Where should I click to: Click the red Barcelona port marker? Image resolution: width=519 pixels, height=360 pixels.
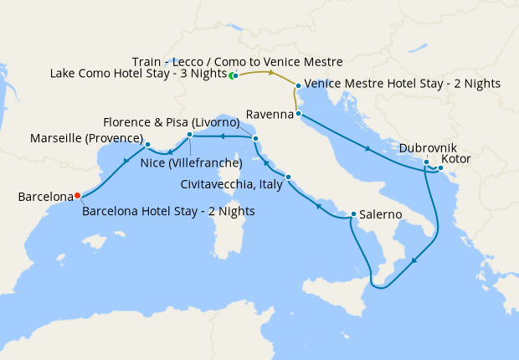[x=77, y=196]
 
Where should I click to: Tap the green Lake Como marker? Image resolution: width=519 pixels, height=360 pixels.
[x=234, y=76]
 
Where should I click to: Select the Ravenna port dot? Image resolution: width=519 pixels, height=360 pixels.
[x=298, y=113]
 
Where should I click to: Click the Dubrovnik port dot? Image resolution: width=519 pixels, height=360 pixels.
[x=426, y=162]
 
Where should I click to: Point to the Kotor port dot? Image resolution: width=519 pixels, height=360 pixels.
[x=440, y=168]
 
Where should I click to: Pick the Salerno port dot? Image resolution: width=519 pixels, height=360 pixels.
[x=353, y=213]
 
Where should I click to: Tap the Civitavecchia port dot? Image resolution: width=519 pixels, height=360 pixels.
[x=288, y=177]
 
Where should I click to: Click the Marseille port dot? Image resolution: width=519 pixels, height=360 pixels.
[x=147, y=144]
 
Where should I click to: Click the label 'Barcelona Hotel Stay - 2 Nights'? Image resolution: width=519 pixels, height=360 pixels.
[x=168, y=211]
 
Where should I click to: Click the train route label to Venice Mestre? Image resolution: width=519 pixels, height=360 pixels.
[x=238, y=61]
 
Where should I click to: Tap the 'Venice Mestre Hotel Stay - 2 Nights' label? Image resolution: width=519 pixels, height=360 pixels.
[x=403, y=84]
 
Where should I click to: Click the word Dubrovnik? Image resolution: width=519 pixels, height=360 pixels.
[x=428, y=147]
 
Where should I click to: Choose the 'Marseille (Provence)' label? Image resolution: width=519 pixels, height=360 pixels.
[x=87, y=137]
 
